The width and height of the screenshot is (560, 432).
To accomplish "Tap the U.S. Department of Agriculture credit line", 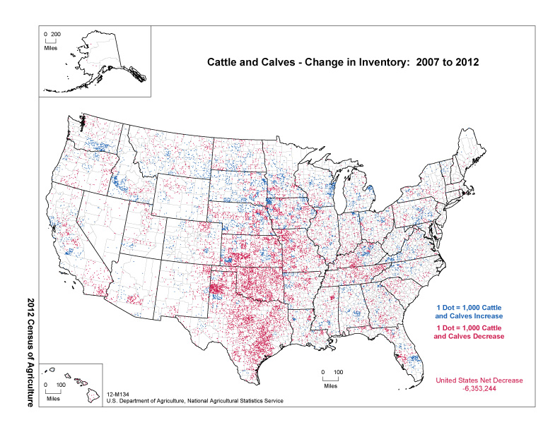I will coord(194,401).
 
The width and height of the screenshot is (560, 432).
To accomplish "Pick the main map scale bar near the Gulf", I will coord(330,378).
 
